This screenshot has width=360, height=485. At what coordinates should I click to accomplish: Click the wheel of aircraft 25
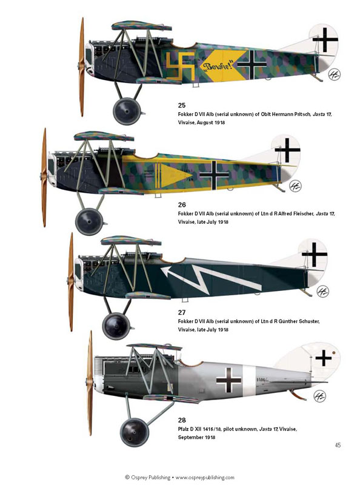tap(127, 111)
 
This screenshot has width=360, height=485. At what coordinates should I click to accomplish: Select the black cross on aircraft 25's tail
tap(325, 39)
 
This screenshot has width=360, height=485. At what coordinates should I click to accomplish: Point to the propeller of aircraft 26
tap(44, 177)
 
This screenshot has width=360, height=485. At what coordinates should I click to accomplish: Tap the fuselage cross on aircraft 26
tap(215, 175)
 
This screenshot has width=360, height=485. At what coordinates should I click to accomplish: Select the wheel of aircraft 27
tap(116, 326)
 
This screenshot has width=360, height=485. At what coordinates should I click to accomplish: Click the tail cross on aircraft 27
tap(314, 255)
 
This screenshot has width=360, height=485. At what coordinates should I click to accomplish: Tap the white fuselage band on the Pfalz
tap(249, 381)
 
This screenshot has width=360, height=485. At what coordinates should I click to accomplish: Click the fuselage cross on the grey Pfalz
tap(228, 380)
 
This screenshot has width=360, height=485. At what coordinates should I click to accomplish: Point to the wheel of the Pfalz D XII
tap(134, 432)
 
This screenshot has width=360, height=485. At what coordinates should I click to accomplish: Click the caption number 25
tap(182, 105)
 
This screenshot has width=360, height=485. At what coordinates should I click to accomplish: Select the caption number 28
tap(182, 420)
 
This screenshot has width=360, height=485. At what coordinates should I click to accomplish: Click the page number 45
tap(338, 445)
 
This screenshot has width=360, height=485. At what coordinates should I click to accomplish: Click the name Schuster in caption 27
tap(307, 321)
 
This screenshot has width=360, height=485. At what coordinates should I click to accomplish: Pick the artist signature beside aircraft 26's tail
tap(295, 186)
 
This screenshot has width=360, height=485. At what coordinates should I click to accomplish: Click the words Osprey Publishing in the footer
tap(150, 478)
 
